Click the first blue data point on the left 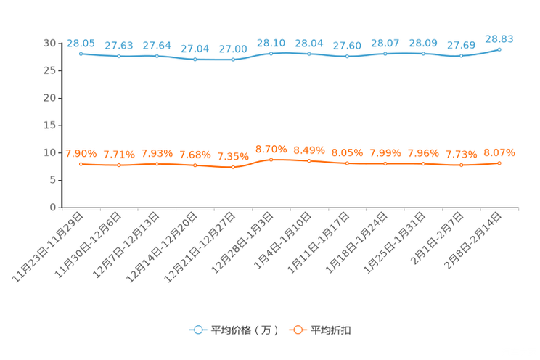[81, 54]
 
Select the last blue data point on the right [499, 49]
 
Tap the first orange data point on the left [81, 163]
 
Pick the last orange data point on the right [499, 163]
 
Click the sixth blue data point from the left [271, 53]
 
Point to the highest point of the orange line [271, 159]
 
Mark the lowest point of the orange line [233, 167]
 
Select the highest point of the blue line [499, 49]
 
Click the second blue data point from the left [118, 56]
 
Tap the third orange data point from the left [157, 164]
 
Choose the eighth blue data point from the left [347, 56]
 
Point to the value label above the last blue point [499, 38]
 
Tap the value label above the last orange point [499, 152]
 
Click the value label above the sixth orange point [271, 148]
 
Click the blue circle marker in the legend [196, 330]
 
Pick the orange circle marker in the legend [296, 330]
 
